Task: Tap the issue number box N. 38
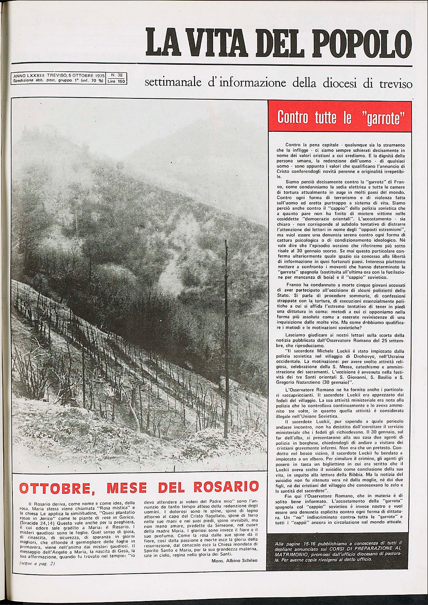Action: pos(116,75)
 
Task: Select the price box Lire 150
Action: pos(116,81)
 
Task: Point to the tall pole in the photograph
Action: pos(226,337)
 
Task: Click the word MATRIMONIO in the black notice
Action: pos(291,554)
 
